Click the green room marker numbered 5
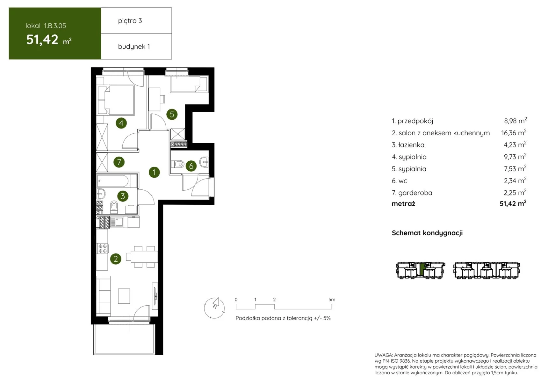[172, 114]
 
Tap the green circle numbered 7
[119, 162]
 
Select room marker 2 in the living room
[116, 259]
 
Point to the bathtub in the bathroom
[117, 181]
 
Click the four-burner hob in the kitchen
[103, 249]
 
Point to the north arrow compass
[214, 308]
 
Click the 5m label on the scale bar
[332, 300]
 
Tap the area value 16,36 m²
[514, 132]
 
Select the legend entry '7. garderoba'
[412, 193]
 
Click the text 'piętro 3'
[130, 21]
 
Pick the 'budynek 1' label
[134, 46]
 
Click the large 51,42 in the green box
[42, 40]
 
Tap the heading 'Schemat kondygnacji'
[427, 233]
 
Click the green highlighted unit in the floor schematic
[422, 269]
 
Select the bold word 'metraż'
[403, 204]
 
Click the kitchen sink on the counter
[117, 222]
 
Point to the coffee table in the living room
[124, 296]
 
